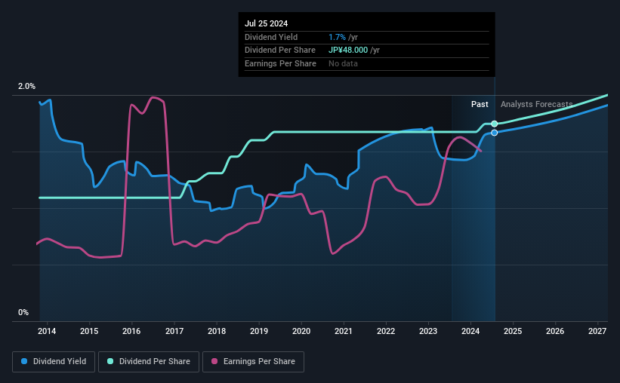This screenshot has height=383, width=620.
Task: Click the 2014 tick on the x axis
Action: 47,331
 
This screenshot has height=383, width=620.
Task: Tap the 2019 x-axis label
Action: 259,331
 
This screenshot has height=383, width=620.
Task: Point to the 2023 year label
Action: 428,331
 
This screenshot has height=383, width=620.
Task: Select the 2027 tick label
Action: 597,331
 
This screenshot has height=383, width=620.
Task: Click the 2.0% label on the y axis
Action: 26,87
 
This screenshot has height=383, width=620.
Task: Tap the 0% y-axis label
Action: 23,312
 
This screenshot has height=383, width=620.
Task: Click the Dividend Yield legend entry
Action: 54,362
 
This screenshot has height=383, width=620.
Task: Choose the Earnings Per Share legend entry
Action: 253,362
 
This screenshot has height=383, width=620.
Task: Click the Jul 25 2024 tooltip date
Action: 266,23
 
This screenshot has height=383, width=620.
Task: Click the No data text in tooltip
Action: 344,63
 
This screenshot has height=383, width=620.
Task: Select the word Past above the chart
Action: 480,104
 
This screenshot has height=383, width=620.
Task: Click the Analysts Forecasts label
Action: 536,104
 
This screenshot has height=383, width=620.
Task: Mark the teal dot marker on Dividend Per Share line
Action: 495,124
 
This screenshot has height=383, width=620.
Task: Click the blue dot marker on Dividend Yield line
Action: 495,133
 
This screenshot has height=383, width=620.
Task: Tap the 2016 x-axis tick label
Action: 131,331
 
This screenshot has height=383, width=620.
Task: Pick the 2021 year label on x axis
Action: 344,331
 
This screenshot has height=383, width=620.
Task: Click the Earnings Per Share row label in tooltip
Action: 280,63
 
